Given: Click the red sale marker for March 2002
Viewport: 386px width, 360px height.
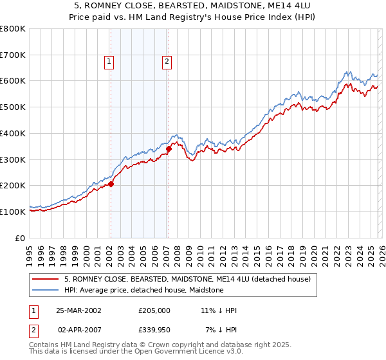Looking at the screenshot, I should click(x=111, y=184).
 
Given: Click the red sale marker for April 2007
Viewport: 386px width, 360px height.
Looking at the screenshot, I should click(x=169, y=148).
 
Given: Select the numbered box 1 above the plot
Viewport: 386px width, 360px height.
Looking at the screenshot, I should click(x=109, y=62).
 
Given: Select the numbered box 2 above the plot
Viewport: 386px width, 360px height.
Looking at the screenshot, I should click(x=167, y=62).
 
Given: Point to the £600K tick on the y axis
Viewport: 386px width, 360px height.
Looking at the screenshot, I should click(x=13, y=81).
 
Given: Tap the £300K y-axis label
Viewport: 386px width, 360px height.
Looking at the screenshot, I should click(x=13, y=159).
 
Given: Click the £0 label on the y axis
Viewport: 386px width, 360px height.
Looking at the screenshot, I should click(x=21, y=238).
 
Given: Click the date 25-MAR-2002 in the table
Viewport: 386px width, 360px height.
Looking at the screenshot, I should click(x=78, y=310).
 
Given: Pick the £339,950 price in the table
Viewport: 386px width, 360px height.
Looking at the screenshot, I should click(x=154, y=330).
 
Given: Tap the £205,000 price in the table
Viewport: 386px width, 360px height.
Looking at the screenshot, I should click(x=154, y=310).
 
